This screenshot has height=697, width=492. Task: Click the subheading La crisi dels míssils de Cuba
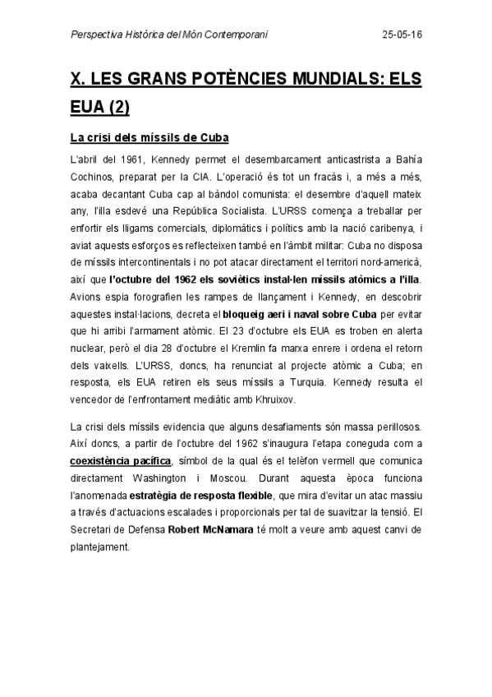tap(149, 136)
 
